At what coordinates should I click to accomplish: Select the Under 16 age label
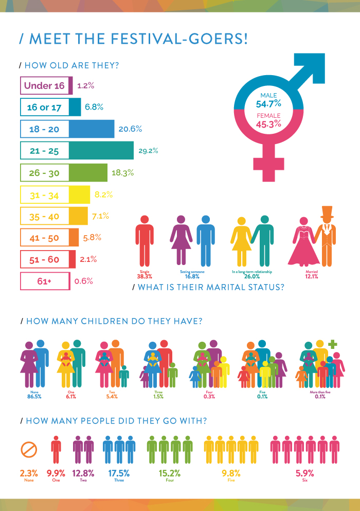pos(44,85)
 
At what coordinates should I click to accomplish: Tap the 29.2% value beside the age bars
pos(148,151)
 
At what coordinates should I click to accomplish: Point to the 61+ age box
pos(44,281)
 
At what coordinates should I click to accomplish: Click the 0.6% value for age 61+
pos(83,281)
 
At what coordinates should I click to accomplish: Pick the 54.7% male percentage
pos(268,104)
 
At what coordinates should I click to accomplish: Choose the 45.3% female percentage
pos(268,124)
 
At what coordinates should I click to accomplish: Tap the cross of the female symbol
pos(268,162)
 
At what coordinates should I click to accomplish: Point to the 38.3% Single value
pos(144,276)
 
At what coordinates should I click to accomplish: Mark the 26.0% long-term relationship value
pos(251,276)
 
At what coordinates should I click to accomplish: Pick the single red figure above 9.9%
pos(56,449)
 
